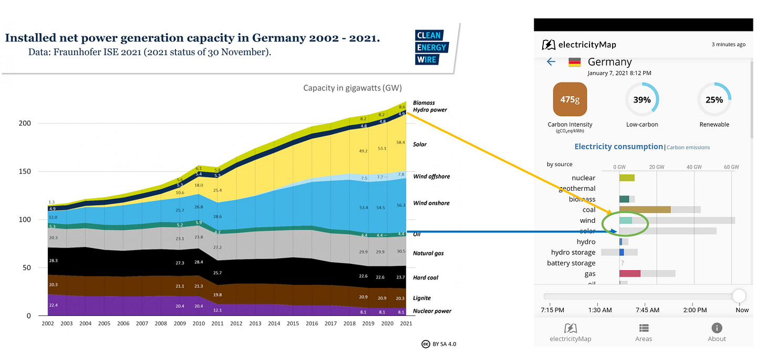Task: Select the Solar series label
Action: tap(420, 145)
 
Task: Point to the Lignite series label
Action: tap(422, 298)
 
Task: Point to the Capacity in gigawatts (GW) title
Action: tap(352, 88)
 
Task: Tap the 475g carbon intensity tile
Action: tap(570, 99)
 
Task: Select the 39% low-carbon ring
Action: tap(642, 99)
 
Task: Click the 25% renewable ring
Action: tap(714, 99)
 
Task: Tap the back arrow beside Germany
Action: tap(551, 62)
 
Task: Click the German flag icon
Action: tap(575, 62)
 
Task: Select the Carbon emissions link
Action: tap(688, 148)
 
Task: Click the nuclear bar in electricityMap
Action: tap(627, 178)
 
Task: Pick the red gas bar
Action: tap(630, 273)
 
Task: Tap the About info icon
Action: tap(717, 328)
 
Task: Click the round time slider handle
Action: tap(739, 296)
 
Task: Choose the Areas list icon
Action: tap(644, 328)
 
